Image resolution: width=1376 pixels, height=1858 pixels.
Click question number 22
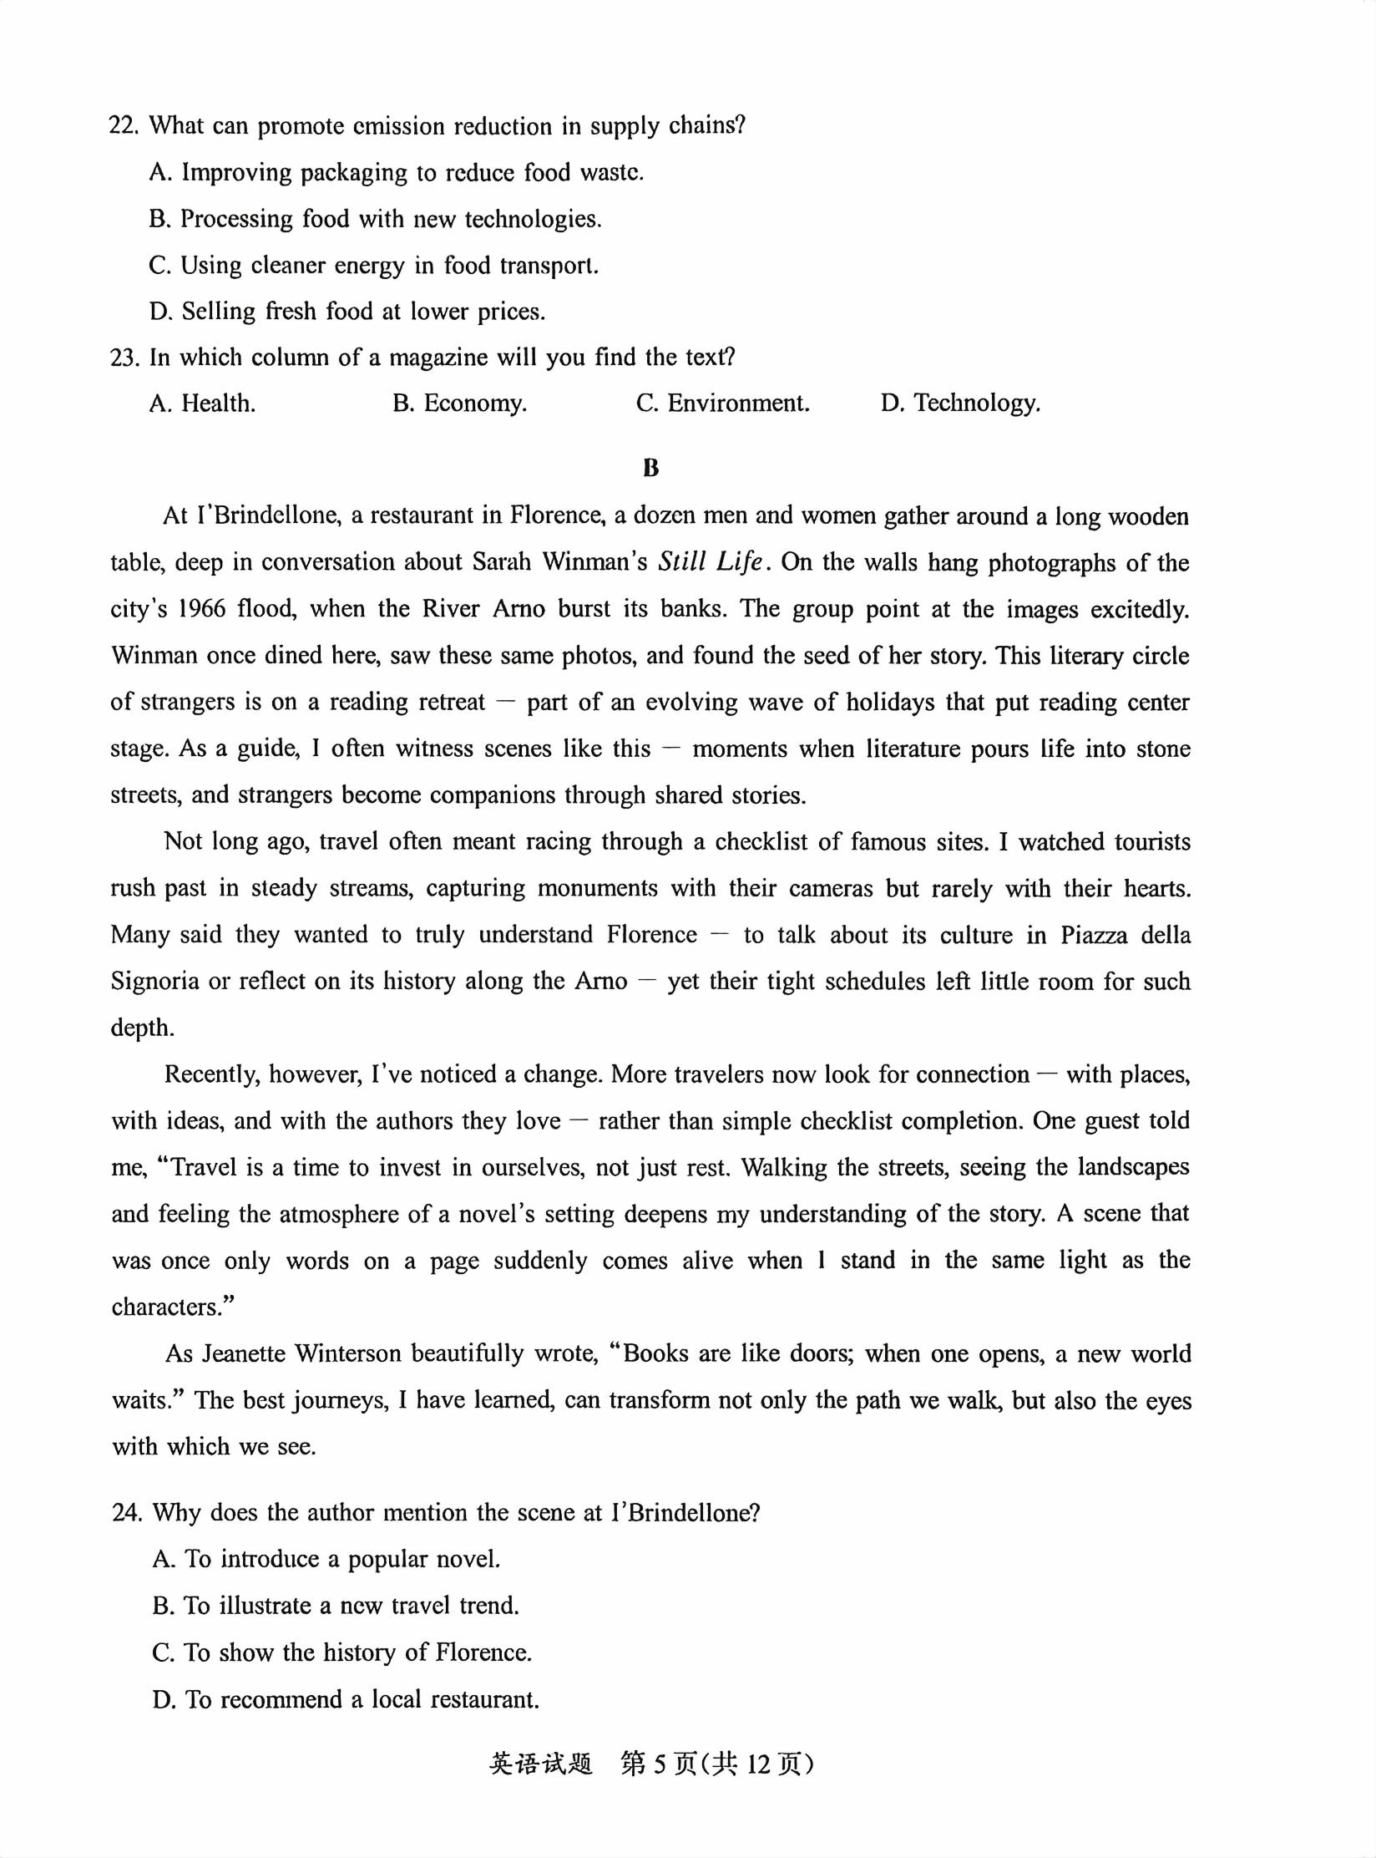coord(123,126)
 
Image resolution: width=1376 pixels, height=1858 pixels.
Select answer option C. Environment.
coord(722,404)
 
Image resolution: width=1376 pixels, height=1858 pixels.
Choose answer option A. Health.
coord(202,404)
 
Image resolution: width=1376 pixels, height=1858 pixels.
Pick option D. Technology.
coord(960,404)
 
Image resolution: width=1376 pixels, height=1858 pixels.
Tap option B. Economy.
coord(459,404)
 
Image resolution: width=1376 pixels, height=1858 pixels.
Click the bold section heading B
coord(651,469)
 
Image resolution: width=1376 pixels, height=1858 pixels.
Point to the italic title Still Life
coord(710,562)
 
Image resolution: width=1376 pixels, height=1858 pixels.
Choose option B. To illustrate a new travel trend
coord(336,1606)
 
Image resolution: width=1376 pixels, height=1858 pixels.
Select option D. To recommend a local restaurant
coord(346,1699)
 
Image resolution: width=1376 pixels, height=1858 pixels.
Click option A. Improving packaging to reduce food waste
coord(397,173)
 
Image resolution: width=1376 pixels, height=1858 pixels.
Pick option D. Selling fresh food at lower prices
coord(347,312)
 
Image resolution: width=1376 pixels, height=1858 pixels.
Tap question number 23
coord(123,358)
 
